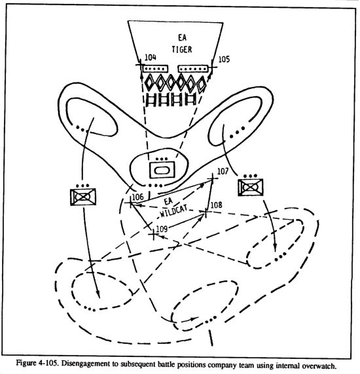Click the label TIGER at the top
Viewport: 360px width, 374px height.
click(182, 50)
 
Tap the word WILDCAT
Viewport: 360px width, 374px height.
click(173, 211)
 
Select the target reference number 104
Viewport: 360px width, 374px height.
click(151, 58)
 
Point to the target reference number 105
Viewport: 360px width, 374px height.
click(224, 59)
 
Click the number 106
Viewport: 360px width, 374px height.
click(138, 197)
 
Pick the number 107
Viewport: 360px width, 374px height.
click(223, 171)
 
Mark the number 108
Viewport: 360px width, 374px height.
click(216, 205)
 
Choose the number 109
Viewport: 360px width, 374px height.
click(162, 229)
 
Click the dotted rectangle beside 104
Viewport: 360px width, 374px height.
click(155, 69)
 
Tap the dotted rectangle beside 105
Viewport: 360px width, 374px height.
click(193, 69)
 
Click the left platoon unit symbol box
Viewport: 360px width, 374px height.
click(83, 197)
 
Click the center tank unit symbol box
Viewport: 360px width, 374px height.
click(162, 170)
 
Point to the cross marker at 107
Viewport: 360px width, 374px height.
click(212, 178)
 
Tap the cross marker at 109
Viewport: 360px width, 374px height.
click(153, 235)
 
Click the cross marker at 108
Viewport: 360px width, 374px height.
click(206, 212)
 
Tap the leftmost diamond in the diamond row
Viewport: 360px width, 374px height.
click(150, 82)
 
